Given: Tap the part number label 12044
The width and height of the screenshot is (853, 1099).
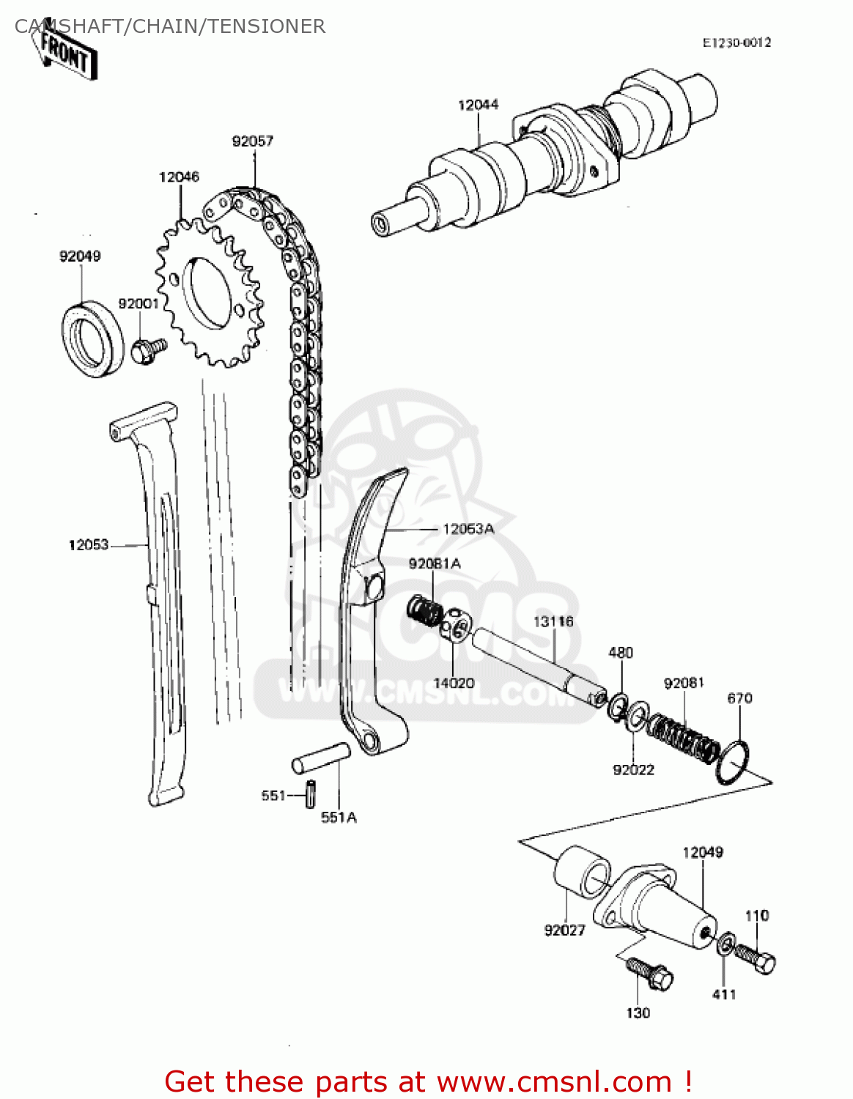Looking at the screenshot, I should (478, 105).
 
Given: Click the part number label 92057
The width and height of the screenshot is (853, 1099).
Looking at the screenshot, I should (252, 141).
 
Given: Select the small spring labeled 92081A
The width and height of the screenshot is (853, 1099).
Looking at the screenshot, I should (424, 610).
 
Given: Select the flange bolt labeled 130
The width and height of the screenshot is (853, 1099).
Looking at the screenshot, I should (651, 973).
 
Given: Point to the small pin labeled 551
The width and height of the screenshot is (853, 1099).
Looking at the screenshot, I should (311, 794).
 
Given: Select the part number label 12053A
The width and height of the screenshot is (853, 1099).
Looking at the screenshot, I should (468, 528).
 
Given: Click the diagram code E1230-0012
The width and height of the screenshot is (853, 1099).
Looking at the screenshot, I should (736, 42).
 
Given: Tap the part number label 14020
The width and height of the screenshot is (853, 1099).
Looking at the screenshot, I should (454, 683).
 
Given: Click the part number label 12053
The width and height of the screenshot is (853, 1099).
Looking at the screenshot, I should (88, 544).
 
